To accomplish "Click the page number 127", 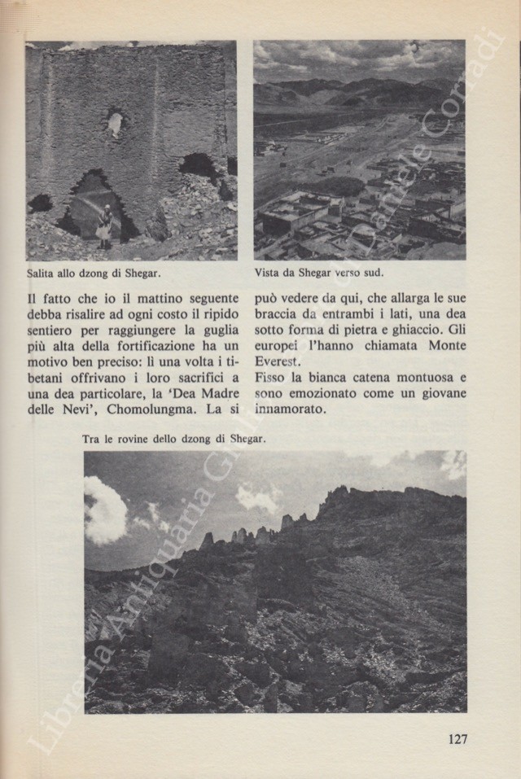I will click(457, 739).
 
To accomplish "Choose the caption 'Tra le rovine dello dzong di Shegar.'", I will click(174, 440).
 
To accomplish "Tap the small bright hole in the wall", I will click(116, 123).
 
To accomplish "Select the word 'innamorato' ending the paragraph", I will click(289, 413).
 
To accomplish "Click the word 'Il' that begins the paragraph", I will click(33, 287).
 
